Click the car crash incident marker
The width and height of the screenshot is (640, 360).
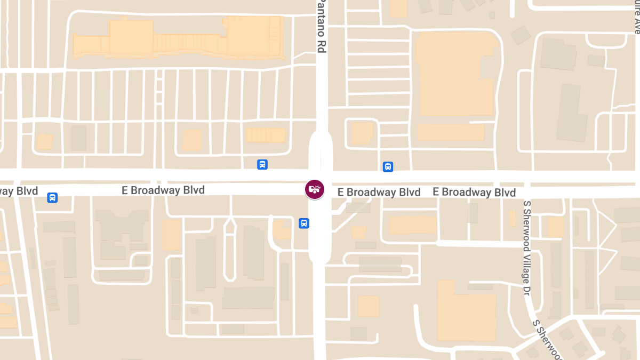[x=314, y=189]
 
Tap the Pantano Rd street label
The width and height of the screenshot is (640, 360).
[x=322, y=25]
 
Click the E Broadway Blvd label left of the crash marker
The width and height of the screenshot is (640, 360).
[x=163, y=190]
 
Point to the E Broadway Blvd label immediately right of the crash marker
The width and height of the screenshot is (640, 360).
[x=379, y=192]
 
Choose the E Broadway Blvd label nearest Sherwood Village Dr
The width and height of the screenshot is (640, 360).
[x=474, y=192]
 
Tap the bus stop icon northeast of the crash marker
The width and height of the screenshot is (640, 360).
[x=388, y=167]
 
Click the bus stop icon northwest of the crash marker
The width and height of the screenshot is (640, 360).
[x=262, y=164]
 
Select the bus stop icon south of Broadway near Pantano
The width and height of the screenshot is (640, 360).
[x=303, y=223]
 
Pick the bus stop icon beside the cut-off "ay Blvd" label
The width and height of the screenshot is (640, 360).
[x=52, y=198]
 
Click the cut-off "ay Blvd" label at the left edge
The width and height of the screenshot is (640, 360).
[x=19, y=191]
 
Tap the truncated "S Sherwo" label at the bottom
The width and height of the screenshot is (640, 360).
[x=548, y=339]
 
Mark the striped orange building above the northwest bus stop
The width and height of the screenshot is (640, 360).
[x=266, y=135]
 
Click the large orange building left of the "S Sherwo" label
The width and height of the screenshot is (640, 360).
[x=466, y=311]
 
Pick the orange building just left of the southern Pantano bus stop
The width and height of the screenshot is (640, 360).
[x=281, y=230]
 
